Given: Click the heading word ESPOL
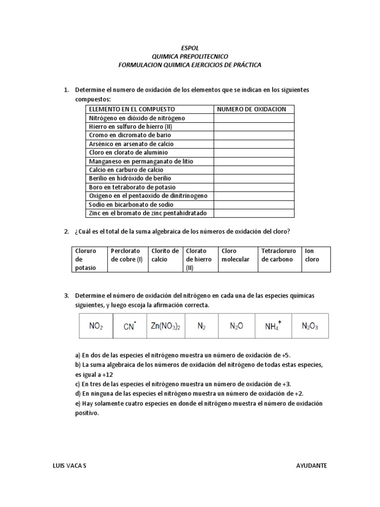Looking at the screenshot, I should [x=190, y=48].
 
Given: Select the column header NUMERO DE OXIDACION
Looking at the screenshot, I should [x=252, y=109].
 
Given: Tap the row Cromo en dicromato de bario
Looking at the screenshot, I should [x=131, y=135].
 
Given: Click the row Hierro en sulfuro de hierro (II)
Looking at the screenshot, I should [x=130, y=127].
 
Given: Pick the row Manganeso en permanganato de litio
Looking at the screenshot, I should [x=141, y=161].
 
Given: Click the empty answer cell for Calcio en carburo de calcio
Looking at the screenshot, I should [x=254, y=170].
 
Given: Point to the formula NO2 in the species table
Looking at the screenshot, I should [x=96, y=326].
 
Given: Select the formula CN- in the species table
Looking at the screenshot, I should [x=130, y=326].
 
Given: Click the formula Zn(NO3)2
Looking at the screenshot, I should [x=166, y=326].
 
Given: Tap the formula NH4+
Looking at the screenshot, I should [x=273, y=326].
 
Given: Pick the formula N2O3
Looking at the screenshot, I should [x=310, y=326].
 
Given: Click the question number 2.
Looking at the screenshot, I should [x=66, y=232].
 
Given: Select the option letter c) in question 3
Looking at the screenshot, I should [x=78, y=384].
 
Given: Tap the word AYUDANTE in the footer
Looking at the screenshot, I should [x=311, y=466].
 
